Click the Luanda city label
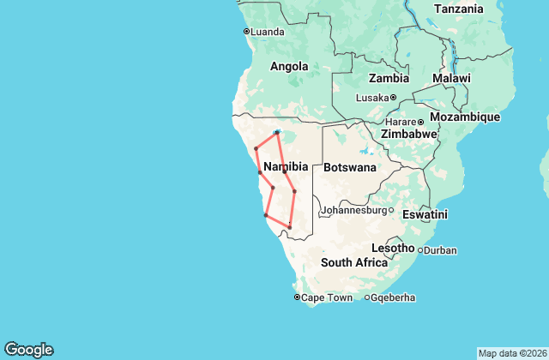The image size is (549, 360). point(267,32)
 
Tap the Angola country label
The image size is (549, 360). point(289,66)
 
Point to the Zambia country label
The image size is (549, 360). point(389,78)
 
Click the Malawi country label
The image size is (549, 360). point(451,78)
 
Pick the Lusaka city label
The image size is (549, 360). point(372,98)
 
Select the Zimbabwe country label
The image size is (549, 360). point(410,135)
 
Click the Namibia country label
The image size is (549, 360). point(286,165)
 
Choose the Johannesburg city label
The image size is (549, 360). point(353,210)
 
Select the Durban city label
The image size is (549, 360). point(440,250)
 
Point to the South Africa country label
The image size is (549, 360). point(354,263)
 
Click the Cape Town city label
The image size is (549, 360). point(327,297)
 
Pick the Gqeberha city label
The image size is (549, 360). point(394,297)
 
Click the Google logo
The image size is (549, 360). point(28,350)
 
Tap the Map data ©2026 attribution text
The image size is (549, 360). point(511,353)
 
